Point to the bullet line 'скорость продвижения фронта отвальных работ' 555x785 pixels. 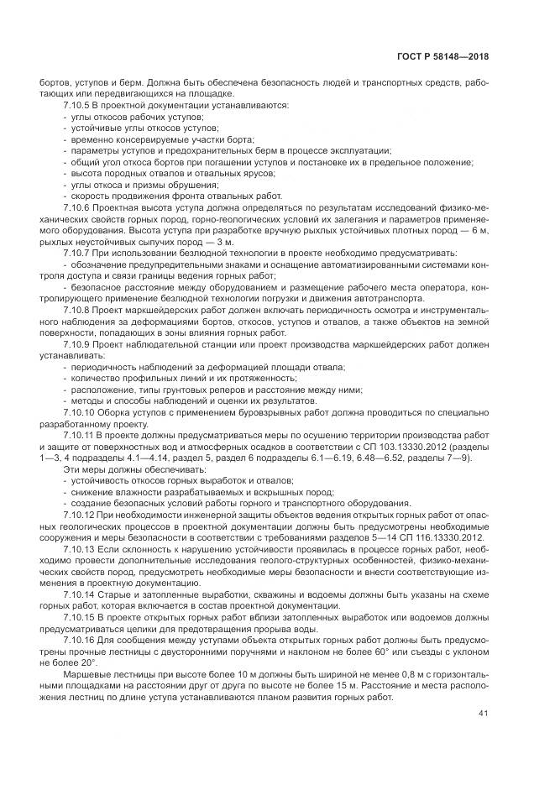tap(134, 194)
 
